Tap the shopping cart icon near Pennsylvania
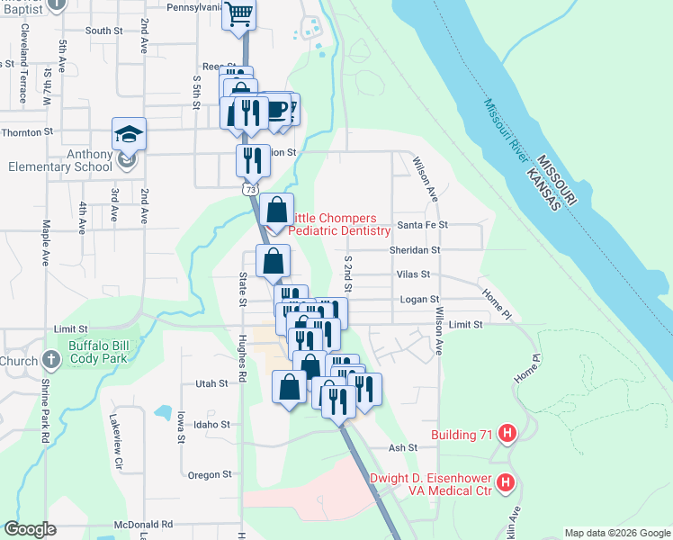[239, 14]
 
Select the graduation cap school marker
[129, 134]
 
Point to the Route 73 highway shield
[249, 190]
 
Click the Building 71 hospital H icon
[507, 435]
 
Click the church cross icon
[50, 361]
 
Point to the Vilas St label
[413, 274]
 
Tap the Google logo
[31, 529]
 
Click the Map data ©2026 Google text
[616, 533]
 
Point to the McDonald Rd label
[143, 524]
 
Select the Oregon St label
[209, 474]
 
